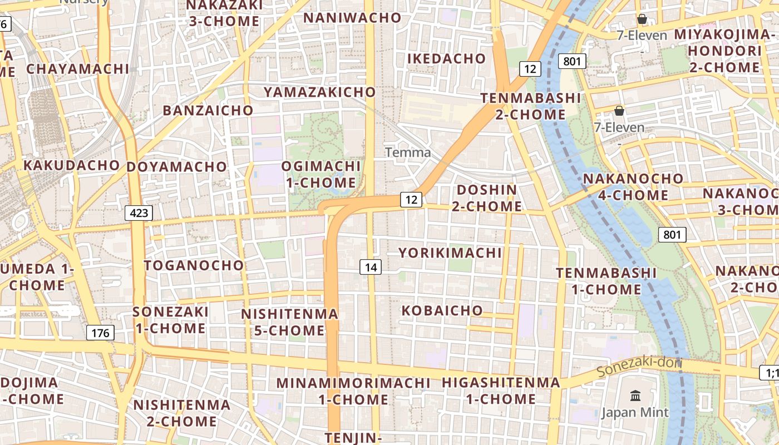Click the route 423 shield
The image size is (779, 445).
(x=139, y=212)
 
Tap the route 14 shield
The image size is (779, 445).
(x=371, y=268)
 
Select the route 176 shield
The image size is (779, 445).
(x=100, y=333)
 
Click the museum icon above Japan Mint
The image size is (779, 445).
(x=635, y=396)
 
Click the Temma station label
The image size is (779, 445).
(x=408, y=152)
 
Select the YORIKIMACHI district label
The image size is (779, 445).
(x=450, y=253)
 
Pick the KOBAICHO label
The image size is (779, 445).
(x=442, y=310)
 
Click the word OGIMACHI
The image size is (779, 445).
(x=321, y=166)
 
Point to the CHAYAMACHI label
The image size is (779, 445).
(x=78, y=69)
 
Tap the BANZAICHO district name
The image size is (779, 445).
(x=208, y=110)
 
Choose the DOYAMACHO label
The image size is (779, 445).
(x=177, y=167)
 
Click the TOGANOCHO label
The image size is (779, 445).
(x=194, y=265)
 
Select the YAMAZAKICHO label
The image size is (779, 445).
(x=320, y=92)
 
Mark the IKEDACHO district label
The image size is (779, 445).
(x=447, y=58)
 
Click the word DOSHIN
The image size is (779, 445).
(x=487, y=190)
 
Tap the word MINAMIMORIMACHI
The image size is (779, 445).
(x=353, y=383)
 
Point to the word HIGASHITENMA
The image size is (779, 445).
(x=501, y=383)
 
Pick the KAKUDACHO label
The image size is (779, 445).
(x=71, y=165)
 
